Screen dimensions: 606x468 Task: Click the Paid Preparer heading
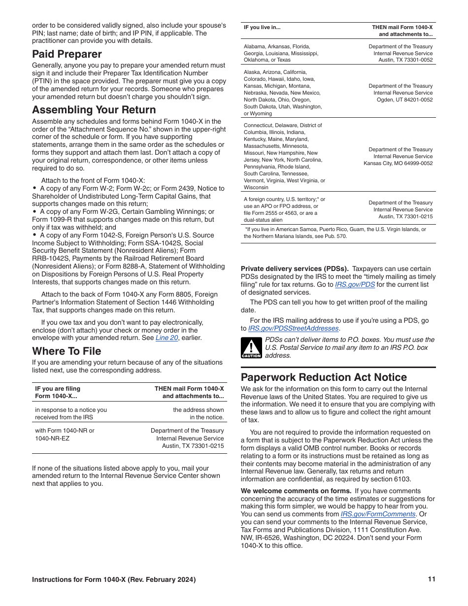click(67, 54)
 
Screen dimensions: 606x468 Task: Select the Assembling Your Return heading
click(94, 110)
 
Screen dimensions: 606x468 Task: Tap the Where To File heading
click(67, 351)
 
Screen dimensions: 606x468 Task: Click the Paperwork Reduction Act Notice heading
click(324, 377)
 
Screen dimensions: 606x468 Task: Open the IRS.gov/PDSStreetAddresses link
click(294, 328)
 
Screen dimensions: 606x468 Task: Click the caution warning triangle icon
click(251, 347)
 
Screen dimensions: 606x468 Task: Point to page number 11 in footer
click(432, 579)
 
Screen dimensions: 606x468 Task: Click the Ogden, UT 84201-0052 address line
click(405, 100)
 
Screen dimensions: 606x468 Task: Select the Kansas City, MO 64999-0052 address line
click(398, 163)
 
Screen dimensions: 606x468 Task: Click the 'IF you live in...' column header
click(262, 28)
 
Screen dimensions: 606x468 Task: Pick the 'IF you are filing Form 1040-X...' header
click(58, 392)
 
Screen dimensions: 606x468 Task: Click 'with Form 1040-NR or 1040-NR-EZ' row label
click(64, 434)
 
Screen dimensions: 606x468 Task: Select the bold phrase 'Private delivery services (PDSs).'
click(295, 269)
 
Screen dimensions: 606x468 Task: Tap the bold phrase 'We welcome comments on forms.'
click(296, 491)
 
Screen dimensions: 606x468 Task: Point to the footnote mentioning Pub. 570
click(335, 233)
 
